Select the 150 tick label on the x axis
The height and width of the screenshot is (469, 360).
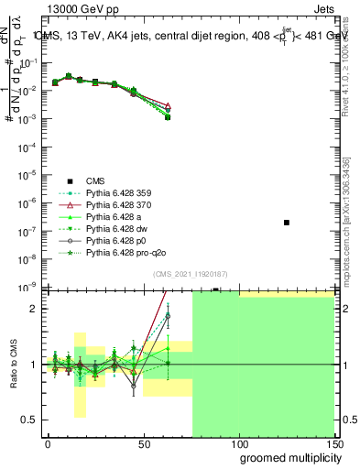click(x=333, y=442)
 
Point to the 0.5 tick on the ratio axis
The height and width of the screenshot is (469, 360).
click(x=30, y=420)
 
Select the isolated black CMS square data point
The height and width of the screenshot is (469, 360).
click(x=287, y=223)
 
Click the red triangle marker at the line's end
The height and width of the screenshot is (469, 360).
click(x=168, y=106)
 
